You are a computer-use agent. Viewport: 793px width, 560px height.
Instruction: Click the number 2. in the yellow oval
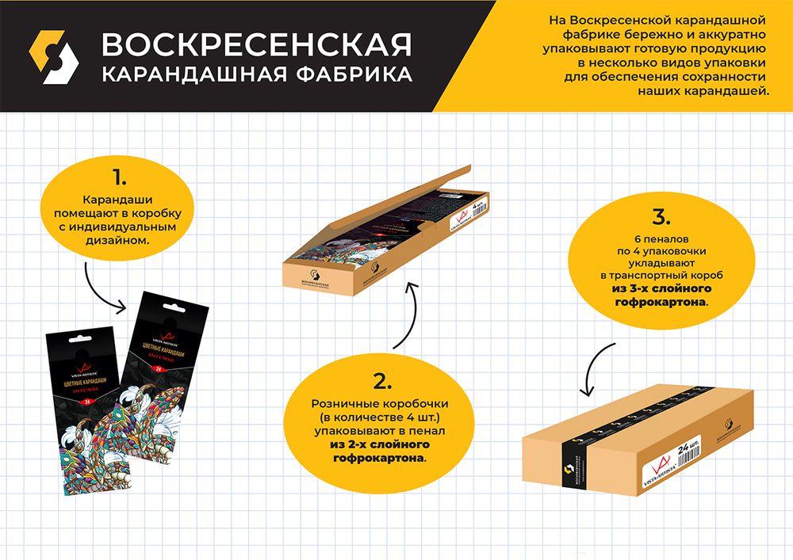click(x=382, y=382)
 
